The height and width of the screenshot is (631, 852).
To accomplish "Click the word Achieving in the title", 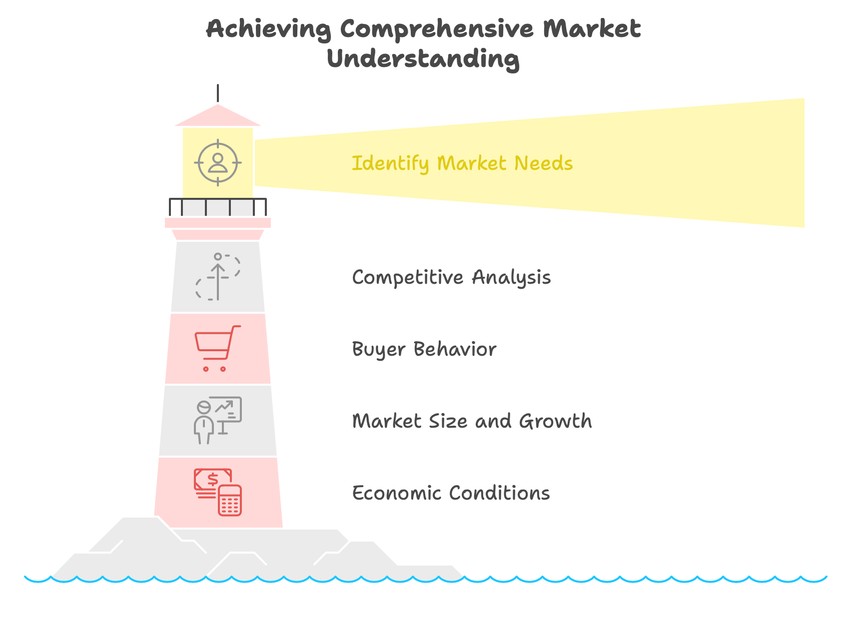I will tap(268, 29).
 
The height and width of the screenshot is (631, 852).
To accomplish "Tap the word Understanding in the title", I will tap(423, 59).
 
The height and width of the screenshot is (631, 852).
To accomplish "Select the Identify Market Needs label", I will tap(462, 163).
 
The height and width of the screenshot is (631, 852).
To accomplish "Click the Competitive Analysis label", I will tap(451, 277).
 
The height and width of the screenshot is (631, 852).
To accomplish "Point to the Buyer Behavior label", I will tap(424, 349).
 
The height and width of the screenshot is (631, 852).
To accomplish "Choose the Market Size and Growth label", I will tap(472, 421).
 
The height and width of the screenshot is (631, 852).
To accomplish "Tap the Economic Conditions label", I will tap(451, 493).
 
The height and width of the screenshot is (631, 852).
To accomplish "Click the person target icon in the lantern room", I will tap(218, 163).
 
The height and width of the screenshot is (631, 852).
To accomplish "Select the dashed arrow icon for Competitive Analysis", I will tap(218, 277).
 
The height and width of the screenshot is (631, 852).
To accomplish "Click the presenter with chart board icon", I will tap(218, 420).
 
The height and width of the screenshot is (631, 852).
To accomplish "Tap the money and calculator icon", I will tap(218, 492).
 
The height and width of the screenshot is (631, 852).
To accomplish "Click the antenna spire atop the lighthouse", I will tap(218, 93).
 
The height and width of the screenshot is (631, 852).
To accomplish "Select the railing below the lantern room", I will tap(218, 207).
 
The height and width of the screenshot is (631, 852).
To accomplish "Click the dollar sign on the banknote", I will tap(212, 480).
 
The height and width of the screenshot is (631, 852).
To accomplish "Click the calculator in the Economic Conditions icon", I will tap(230, 500).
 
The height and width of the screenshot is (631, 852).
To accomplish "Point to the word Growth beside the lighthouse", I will tap(556, 421).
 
